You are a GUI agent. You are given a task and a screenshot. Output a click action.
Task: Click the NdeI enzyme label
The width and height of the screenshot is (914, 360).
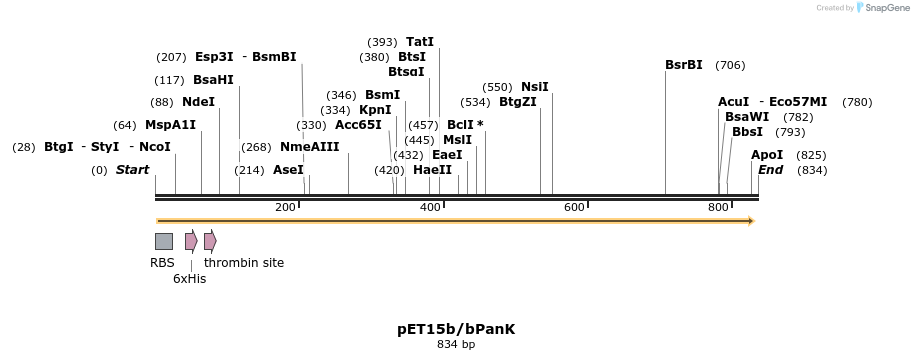coord(198,102)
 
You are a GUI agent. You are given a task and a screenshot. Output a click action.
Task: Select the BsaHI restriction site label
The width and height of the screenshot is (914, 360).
coord(213,80)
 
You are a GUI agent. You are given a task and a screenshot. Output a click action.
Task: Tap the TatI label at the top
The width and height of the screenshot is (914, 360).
coord(420,42)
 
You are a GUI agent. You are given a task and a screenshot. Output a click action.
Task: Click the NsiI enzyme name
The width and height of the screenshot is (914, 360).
coord(535,87)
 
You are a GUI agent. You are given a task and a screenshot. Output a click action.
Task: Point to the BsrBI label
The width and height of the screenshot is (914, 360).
coord(684,65)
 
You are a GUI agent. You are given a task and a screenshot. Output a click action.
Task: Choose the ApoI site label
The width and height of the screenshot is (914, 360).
coord(767,155)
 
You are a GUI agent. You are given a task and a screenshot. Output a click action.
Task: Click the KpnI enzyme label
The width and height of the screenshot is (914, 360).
coord(375,110)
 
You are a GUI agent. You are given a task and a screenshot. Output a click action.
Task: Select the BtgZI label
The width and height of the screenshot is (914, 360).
coord(518,102)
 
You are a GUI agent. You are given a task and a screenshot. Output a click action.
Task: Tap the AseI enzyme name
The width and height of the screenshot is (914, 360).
coord(288,170)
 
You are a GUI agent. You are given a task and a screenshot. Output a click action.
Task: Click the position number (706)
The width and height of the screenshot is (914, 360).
coord(730,65)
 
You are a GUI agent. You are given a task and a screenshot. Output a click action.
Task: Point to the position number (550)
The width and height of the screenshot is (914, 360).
coord(497,87)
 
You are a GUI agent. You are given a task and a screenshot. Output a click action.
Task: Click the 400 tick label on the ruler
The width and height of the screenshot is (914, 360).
coord(430,207)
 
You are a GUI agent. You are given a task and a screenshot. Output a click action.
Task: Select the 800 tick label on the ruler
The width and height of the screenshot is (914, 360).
coord(718,207)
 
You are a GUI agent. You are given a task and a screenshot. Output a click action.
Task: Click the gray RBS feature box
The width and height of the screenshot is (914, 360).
coord(163,241)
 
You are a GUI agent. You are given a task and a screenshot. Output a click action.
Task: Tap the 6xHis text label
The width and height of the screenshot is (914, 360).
coord(189,279)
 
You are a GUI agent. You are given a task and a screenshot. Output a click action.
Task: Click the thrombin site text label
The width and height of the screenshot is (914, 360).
coord(244,263)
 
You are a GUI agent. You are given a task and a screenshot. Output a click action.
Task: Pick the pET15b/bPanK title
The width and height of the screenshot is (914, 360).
coord(456,329)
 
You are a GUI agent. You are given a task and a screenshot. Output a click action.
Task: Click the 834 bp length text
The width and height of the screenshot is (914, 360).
coord(456,345)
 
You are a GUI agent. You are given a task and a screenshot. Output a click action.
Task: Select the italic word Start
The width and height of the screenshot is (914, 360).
coord(132,170)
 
